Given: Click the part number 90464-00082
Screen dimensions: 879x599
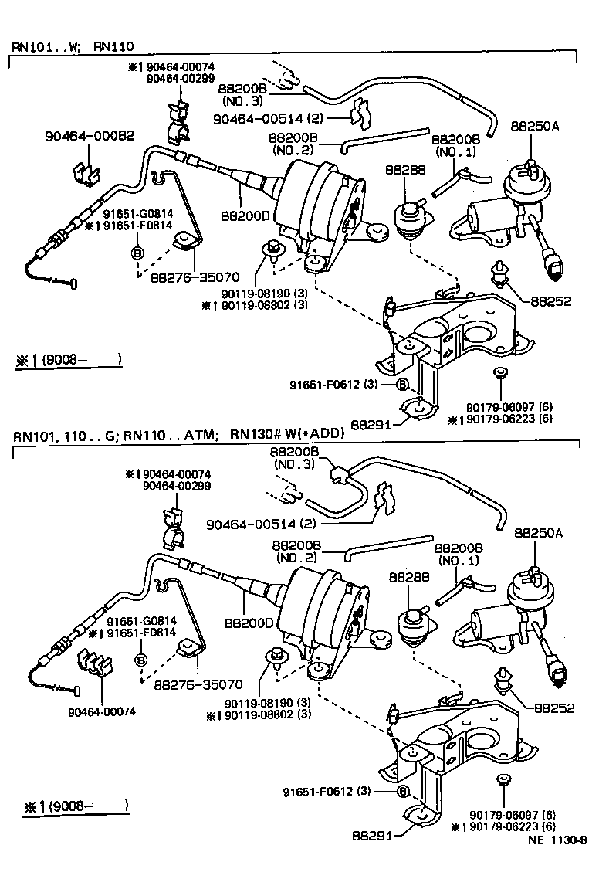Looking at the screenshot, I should [90, 137].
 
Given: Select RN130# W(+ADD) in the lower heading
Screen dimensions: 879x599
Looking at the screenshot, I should [285, 434].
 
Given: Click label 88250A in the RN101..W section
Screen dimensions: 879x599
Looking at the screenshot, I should [534, 124].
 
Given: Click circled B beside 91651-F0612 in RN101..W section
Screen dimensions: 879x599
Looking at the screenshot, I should [402, 384].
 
